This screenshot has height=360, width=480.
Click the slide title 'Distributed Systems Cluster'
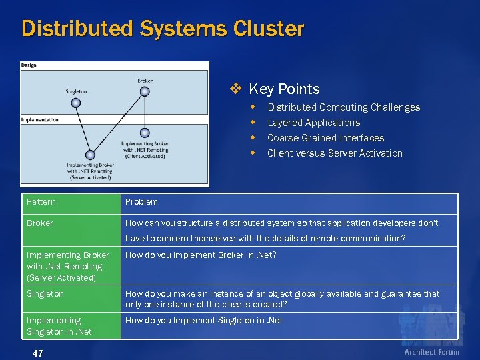[163, 29]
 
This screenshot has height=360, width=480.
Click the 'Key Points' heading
[284, 89]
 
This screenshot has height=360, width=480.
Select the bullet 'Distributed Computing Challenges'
[343, 107]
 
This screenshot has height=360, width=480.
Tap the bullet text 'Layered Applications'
[313, 123]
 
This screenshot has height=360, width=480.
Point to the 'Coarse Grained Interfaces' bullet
[325, 138]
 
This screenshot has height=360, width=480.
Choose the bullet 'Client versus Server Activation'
[335, 153]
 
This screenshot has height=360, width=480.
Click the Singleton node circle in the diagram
[76, 103]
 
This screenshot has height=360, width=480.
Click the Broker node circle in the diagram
[145, 94]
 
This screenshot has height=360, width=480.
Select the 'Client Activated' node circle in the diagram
[145, 133]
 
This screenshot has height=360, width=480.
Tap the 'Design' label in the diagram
[29, 65]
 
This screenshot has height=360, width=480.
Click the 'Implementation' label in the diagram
[40, 120]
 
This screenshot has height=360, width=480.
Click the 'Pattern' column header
[41, 202]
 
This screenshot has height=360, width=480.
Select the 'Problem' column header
[141, 202]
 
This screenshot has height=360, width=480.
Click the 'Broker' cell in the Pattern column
[40, 223]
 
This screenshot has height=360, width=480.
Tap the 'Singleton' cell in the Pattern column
[45, 293]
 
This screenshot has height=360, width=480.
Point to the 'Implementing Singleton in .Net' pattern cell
[59, 326]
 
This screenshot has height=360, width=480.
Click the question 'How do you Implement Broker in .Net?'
[201, 255]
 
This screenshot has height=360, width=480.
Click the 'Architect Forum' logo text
[431, 351]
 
